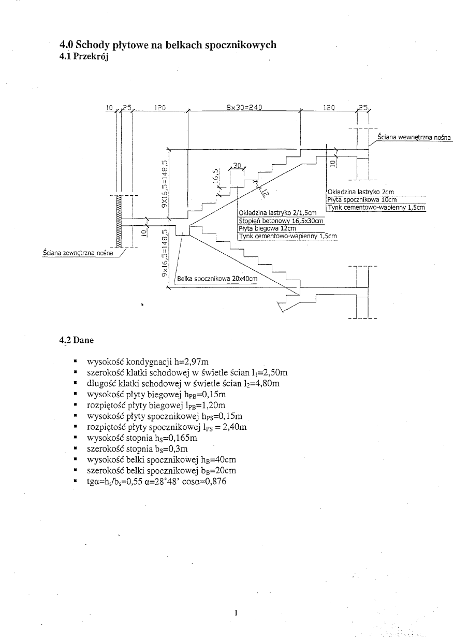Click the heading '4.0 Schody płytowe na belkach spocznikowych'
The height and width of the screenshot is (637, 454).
click(168, 45)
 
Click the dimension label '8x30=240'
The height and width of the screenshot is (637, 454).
click(245, 108)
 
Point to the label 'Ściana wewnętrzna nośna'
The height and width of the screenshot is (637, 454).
click(414, 137)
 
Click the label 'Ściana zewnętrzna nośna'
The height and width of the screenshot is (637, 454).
click(78, 254)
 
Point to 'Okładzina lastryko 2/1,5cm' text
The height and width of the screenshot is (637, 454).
click(277, 213)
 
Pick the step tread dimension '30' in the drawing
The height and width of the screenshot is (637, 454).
click(237, 165)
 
